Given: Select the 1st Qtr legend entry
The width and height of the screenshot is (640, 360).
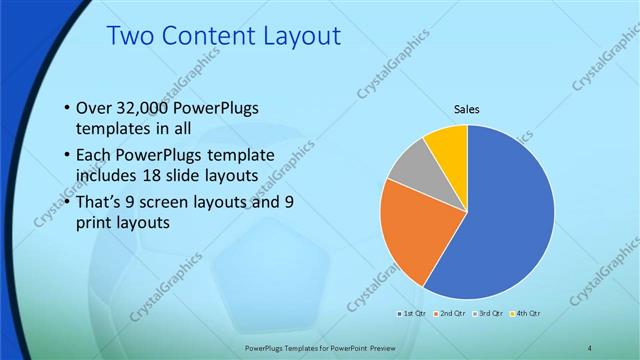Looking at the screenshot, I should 414,313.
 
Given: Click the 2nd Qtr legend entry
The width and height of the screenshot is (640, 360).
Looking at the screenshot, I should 451,313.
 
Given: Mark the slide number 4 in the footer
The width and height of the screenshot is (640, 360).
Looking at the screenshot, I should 589,347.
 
